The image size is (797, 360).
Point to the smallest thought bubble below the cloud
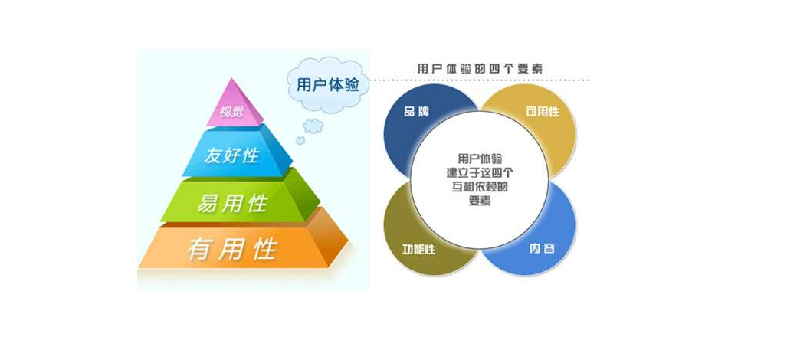tap(300, 140)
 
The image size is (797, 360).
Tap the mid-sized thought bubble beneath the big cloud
tap(313, 126)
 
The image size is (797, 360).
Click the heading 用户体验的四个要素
tap(479, 68)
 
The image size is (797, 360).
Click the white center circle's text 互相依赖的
tap(480, 186)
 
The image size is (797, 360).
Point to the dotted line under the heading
tap(479, 80)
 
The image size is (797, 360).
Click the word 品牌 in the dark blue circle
tap(416, 112)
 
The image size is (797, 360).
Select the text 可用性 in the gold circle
tap(543, 112)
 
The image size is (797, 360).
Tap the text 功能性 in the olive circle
tap(418, 249)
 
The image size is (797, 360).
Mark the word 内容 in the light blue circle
tap(542, 249)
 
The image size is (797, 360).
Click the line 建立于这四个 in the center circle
tap(480, 172)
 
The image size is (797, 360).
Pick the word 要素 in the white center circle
tap(480, 201)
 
